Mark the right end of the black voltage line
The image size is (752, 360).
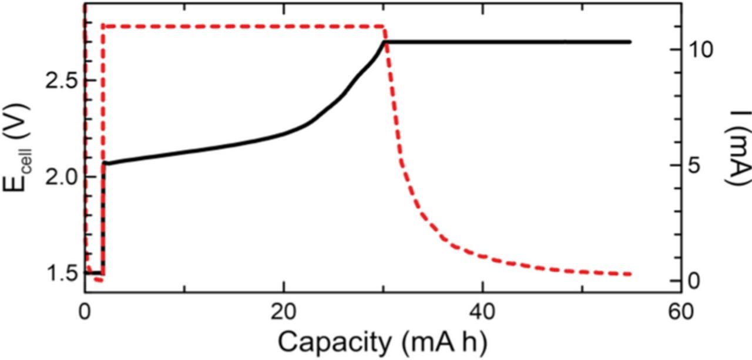(630, 42)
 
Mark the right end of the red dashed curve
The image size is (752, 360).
(630, 274)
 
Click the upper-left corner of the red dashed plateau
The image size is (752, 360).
(103, 26)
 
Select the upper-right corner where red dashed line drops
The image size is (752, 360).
(383, 26)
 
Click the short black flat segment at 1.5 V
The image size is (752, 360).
(95, 273)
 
